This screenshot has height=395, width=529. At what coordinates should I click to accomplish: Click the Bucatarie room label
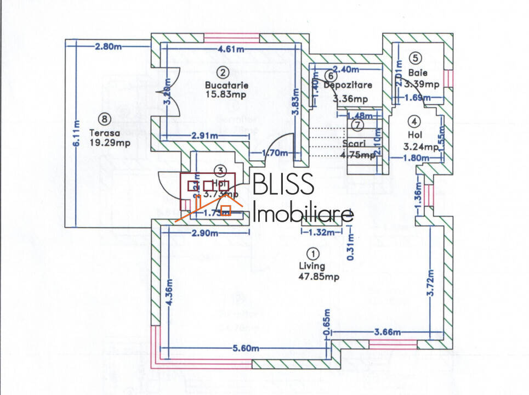point(226,85)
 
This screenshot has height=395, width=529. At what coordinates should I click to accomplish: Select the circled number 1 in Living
point(312,254)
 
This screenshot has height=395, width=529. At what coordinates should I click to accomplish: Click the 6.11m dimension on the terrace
point(77,134)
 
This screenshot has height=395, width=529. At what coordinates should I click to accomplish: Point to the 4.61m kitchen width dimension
point(231,49)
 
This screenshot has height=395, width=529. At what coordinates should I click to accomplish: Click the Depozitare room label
point(348,85)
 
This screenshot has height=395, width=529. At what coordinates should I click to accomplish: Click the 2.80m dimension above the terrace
point(107,47)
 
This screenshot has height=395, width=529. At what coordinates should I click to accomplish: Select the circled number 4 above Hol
point(415,121)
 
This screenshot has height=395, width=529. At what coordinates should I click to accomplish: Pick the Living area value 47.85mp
point(318,277)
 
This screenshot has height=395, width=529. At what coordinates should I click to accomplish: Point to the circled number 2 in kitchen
point(222,72)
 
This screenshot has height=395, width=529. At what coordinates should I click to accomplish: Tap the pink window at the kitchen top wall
point(231,37)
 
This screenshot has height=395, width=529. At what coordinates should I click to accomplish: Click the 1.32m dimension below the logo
point(321,233)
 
